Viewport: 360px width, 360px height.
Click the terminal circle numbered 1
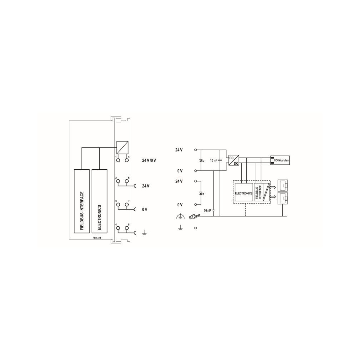click(x=118, y=160)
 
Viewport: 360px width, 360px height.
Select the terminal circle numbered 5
click(x=127, y=160)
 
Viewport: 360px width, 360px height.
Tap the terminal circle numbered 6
click(x=127, y=181)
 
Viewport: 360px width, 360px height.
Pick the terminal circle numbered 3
click(x=118, y=205)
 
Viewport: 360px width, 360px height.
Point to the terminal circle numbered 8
click(x=127, y=228)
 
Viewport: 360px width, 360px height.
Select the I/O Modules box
click(x=280, y=160)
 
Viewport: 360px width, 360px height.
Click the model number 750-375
click(x=97, y=238)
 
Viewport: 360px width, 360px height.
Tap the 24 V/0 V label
click(x=149, y=160)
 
